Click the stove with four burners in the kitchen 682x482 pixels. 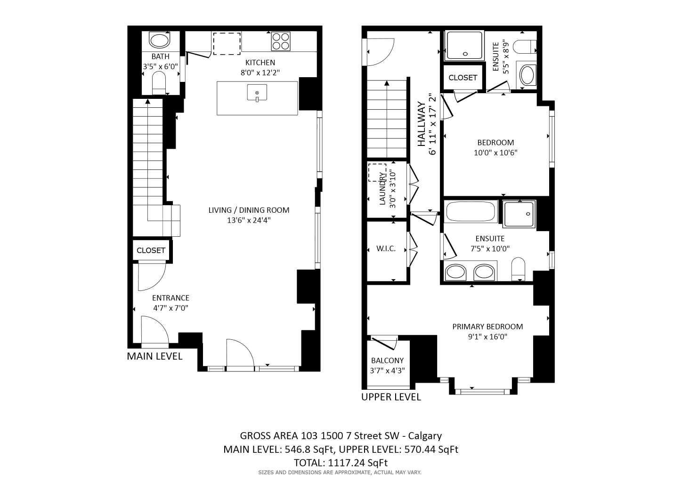[x=281, y=41]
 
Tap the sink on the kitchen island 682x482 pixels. [x=257, y=93]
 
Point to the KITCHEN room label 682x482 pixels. [x=260, y=63]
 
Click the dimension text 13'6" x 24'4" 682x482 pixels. [x=249, y=220]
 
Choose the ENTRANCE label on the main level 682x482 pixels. [x=170, y=298]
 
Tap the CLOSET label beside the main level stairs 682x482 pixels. [x=151, y=250]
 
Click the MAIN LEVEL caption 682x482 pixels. [x=154, y=356]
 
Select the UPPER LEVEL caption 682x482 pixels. [x=391, y=397]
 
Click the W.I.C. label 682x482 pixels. [x=386, y=249]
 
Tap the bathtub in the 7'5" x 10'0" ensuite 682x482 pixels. [x=471, y=212]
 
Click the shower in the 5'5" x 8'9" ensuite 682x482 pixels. [x=464, y=45]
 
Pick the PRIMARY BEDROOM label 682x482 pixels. [x=487, y=327]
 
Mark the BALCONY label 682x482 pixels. [x=387, y=361]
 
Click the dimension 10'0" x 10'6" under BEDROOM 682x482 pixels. [x=495, y=153]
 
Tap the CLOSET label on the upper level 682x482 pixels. [x=463, y=78]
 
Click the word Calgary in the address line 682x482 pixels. [x=425, y=436]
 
